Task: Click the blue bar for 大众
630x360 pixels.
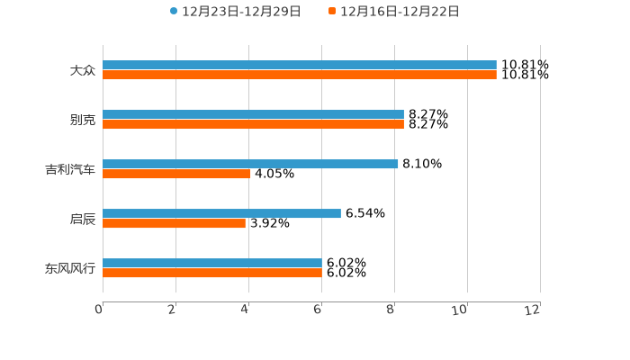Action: click(300, 65)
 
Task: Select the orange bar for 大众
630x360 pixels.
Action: click(300, 75)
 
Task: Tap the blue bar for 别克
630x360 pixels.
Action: click(253, 114)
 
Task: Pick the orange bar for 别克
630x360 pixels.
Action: click(253, 124)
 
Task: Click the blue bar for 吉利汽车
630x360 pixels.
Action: click(250, 164)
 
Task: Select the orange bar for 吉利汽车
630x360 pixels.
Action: click(176, 174)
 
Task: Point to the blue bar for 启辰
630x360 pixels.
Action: click(221, 213)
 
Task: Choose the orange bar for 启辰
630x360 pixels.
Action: click(174, 223)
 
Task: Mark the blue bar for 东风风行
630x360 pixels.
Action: click(212, 263)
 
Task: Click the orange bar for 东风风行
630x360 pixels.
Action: click(212, 273)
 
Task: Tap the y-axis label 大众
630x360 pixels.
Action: click(83, 70)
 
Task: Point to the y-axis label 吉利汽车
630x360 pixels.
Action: click(70, 169)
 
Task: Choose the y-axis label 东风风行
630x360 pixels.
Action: click(70, 268)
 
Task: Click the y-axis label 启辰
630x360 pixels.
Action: click(83, 219)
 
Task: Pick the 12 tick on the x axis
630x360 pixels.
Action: click(534, 310)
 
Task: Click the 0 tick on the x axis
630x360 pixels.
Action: click(100, 310)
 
